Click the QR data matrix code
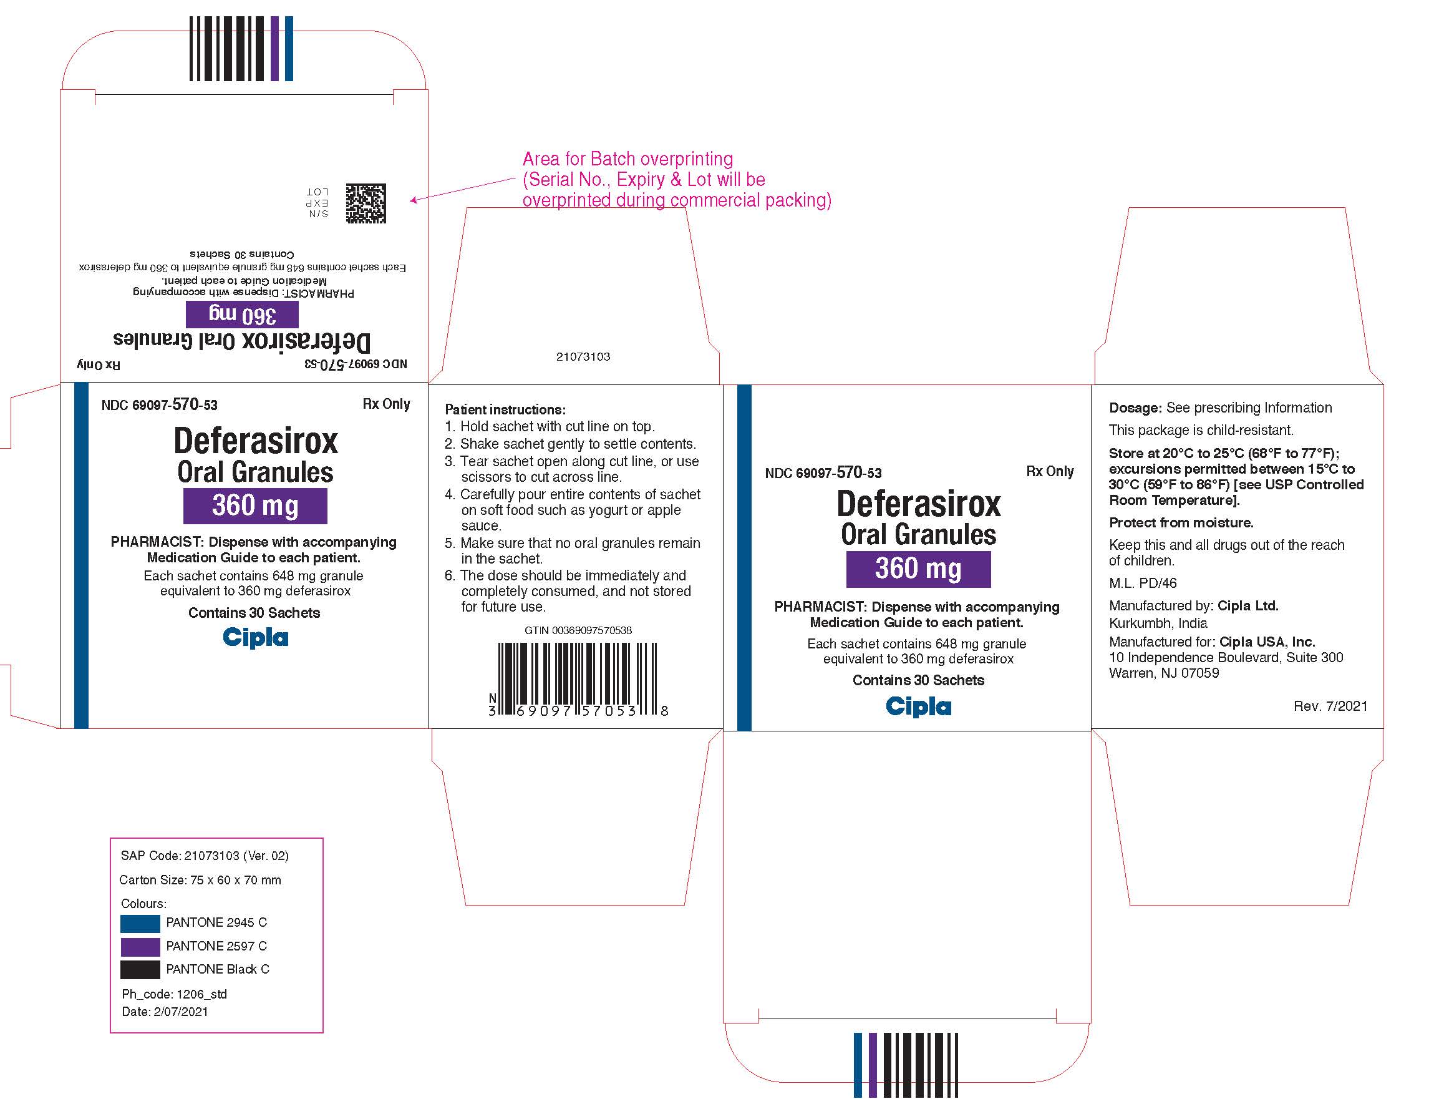[x=366, y=203]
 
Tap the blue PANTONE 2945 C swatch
[x=140, y=923]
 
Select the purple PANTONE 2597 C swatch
[x=140, y=947]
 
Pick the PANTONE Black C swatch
[x=140, y=970]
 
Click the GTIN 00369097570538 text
[x=578, y=630]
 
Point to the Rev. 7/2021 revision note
[x=1330, y=706]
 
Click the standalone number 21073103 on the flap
[x=583, y=357]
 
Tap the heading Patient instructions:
[x=505, y=409]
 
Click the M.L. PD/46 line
[x=1143, y=584]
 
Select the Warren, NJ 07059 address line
[x=1163, y=673]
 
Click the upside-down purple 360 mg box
[x=242, y=315]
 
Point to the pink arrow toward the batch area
[x=462, y=189]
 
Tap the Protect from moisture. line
[x=1181, y=523]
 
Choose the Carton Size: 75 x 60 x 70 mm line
[x=200, y=881]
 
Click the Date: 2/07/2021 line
[x=165, y=1012]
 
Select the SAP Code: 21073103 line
[x=205, y=856]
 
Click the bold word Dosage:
[x=1135, y=408]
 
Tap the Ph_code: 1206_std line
[x=174, y=995]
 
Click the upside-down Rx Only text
[x=99, y=364]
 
